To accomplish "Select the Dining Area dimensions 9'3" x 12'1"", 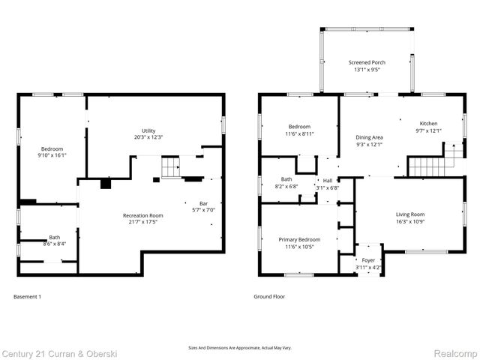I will point(369,145).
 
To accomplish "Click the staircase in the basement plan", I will point(172,167).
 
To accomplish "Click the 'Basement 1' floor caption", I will point(27,296).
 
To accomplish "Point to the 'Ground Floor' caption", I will point(268,296).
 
